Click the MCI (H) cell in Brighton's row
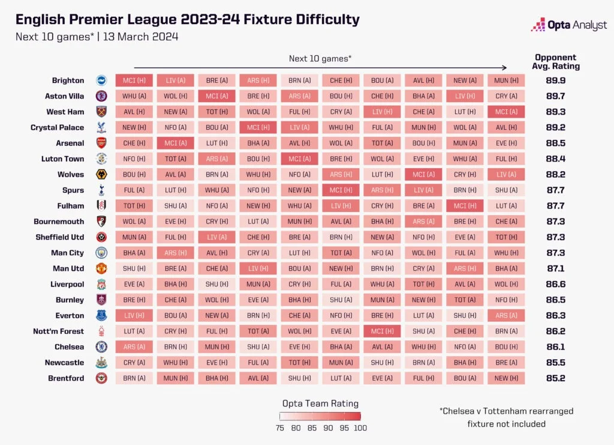click(x=134, y=80)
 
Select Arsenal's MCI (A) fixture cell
click(x=176, y=143)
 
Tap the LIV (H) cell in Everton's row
click(x=134, y=315)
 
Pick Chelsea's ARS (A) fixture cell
click(x=134, y=347)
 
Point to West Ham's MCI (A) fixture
click(x=506, y=112)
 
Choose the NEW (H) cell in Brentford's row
click(x=506, y=378)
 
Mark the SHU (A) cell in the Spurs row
click(x=506, y=190)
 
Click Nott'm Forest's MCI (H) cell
click(x=382, y=331)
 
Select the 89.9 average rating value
click(x=555, y=80)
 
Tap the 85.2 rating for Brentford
click(x=555, y=378)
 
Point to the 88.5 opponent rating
click(x=555, y=143)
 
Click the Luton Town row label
click(x=62, y=159)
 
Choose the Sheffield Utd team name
click(x=60, y=237)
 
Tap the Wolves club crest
click(x=101, y=174)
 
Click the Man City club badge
click(x=101, y=253)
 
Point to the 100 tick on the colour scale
click(x=360, y=428)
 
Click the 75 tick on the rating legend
click(x=280, y=428)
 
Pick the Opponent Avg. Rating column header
click(x=556, y=62)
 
